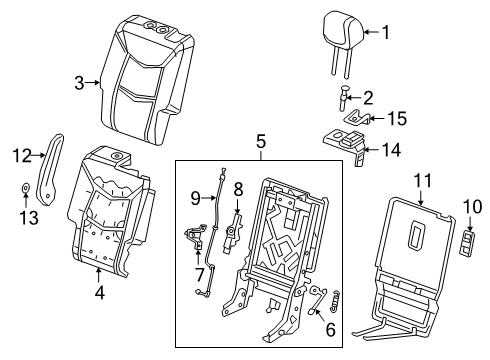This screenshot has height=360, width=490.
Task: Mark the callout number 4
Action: (99, 295)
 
